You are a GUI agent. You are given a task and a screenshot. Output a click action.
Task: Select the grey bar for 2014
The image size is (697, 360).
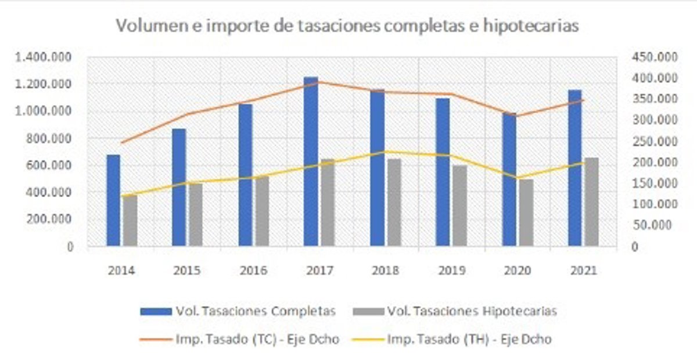coord(130,221)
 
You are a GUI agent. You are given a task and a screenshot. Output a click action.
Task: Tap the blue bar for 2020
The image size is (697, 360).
coord(509,180)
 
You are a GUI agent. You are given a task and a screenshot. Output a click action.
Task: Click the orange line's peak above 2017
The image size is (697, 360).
coord(318,82)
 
